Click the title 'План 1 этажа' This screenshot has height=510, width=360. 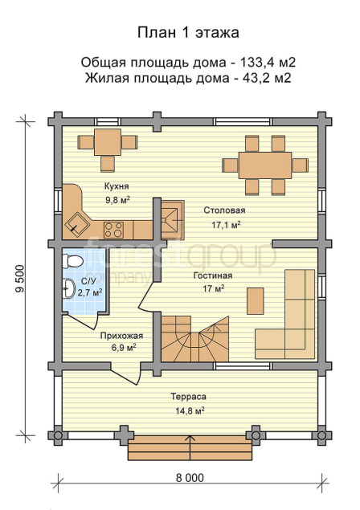coord(188,33)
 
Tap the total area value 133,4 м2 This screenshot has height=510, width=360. coord(268,62)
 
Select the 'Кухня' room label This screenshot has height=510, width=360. coord(117,186)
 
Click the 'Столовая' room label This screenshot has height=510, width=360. coord(224,210)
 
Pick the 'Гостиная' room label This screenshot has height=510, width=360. coord(213,275)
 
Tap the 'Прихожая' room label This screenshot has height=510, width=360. coord(121,336)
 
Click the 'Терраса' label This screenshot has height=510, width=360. coord(189,397)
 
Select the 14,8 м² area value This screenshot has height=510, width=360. coord(190,410)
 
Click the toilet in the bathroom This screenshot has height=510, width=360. coord(72,262)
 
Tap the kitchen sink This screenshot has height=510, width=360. coord(77,224)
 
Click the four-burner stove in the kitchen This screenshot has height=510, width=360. coord(113,230)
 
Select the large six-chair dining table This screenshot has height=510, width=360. coord(265,165)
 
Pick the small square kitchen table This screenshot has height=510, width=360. coord(108,142)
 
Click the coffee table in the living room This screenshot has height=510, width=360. coord(256,301)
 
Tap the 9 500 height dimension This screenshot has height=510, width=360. coord(20,279)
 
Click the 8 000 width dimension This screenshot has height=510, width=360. coord(190,478)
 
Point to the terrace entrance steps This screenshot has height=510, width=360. coord(190,448)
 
